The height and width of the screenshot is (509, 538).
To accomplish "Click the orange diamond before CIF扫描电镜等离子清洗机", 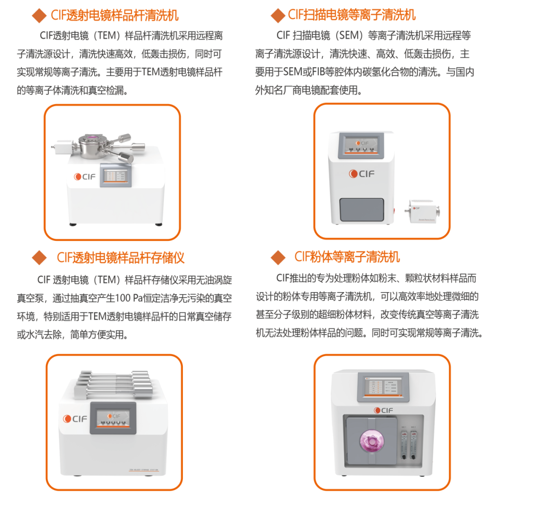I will pos(277,16).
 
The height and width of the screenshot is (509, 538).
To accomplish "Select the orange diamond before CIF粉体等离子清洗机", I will pos(277,257).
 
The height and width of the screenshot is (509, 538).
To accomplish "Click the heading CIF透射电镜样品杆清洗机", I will pos(115,15).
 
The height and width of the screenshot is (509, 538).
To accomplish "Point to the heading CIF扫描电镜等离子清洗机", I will pos(352,15).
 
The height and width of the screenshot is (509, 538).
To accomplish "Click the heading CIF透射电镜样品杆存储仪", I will pos(121,257).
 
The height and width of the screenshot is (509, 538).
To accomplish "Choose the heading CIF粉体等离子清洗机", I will pos(347,257).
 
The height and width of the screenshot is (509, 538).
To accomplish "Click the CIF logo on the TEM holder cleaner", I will pos(80,176).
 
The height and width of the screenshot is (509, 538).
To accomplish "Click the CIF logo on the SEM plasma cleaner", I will pos(362,174).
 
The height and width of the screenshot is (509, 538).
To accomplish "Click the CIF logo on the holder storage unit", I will pos(75,419).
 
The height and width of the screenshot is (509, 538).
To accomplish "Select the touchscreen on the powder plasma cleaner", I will pos(383,386).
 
